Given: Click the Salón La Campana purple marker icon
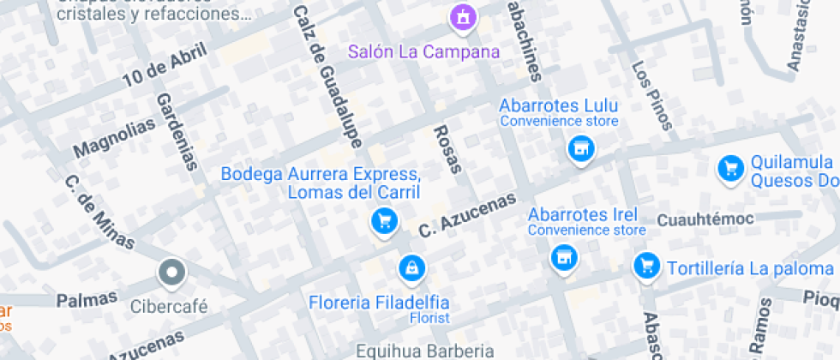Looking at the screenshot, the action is (x=463, y=17).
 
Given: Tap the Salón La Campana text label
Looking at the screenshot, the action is (x=423, y=51).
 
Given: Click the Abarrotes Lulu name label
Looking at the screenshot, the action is (x=558, y=106).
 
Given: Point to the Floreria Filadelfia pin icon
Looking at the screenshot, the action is (x=412, y=268).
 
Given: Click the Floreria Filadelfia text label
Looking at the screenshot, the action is (x=379, y=303).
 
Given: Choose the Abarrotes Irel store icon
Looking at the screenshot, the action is (x=562, y=255).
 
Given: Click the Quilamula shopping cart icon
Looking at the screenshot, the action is (x=730, y=168).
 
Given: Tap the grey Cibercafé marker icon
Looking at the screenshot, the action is (x=171, y=273).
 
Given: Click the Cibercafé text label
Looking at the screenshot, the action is (x=169, y=306).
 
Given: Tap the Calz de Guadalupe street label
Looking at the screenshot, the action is (x=328, y=75).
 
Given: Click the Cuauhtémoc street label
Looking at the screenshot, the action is (x=705, y=220).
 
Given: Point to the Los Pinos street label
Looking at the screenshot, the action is (x=651, y=94).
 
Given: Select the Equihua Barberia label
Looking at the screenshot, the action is (x=425, y=351).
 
